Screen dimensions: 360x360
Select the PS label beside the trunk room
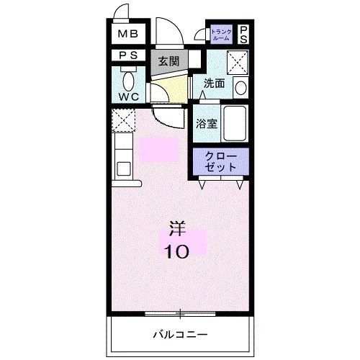[243, 33]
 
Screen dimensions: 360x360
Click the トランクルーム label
[221, 34]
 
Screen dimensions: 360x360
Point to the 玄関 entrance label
[169, 60]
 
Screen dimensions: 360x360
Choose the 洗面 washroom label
[214, 84]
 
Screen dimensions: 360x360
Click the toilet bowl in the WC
[129, 79]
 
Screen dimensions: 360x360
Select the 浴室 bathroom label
[207, 123]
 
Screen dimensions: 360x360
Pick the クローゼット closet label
[221, 161]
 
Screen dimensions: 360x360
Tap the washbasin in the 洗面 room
[240, 87]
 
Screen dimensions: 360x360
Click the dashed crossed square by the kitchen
[123, 119]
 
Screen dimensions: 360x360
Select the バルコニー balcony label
[180, 334]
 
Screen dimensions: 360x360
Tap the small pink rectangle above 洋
[159, 150]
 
